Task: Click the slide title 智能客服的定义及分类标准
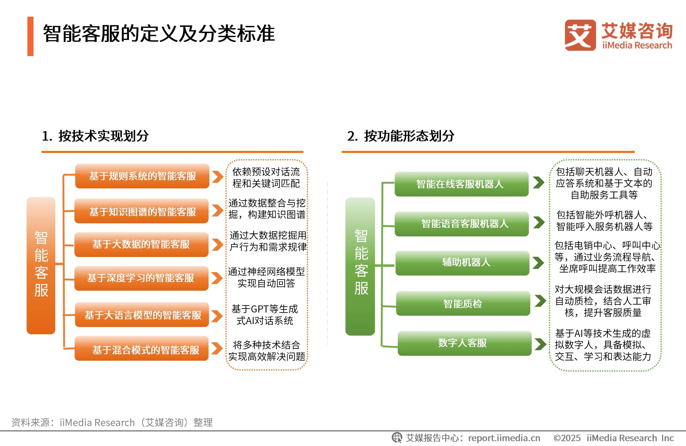[x=159, y=33]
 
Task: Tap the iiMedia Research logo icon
[x=580, y=35]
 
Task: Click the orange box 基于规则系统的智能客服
[x=142, y=176]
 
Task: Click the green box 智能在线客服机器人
[x=462, y=184]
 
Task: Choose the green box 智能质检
[x=463, y=303]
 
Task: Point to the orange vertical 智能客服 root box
[x=41, y=265]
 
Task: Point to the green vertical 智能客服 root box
[x=360, y=266]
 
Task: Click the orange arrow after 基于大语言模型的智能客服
[x=217, y=316]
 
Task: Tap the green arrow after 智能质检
[x=540, y=301]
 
